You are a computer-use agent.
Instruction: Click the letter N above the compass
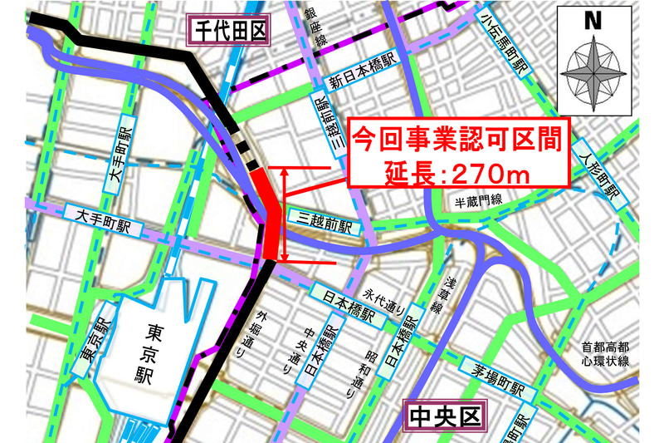coord(593,22)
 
